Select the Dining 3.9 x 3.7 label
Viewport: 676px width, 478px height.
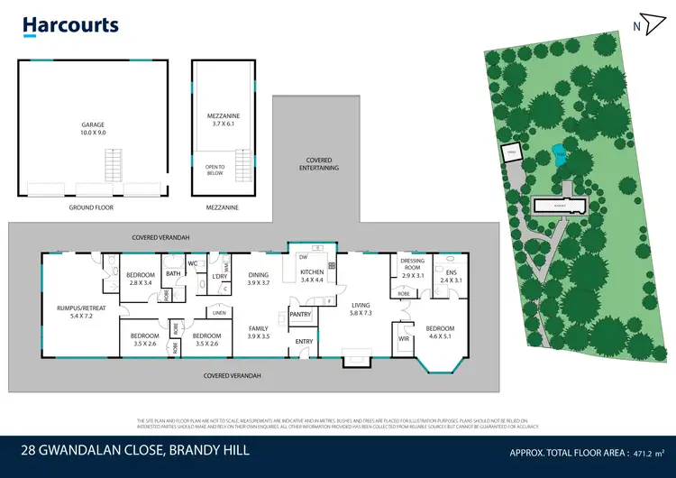coord(259,280)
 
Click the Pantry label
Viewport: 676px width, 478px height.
coord(300,315)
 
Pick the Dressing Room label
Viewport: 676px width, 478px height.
coord(413,269)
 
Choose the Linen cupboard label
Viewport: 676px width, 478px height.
coord(219,313)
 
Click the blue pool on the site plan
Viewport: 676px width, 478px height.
coord(560,155)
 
